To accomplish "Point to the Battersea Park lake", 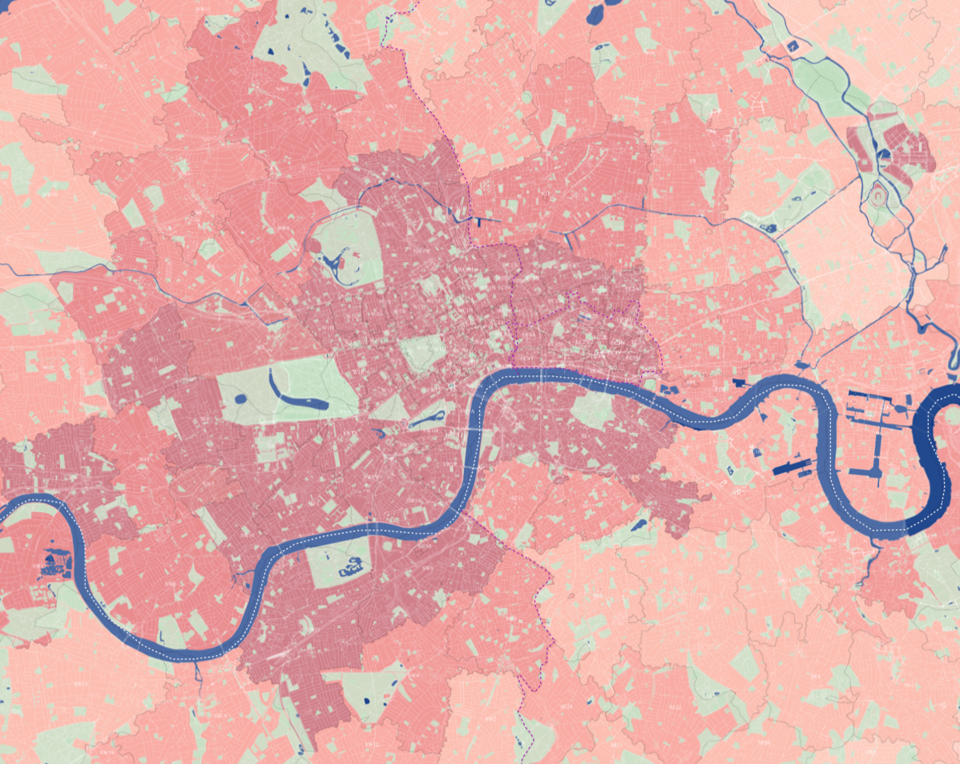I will [351, 570].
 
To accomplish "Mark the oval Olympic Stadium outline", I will [879, 194].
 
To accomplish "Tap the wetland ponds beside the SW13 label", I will [53, 562].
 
